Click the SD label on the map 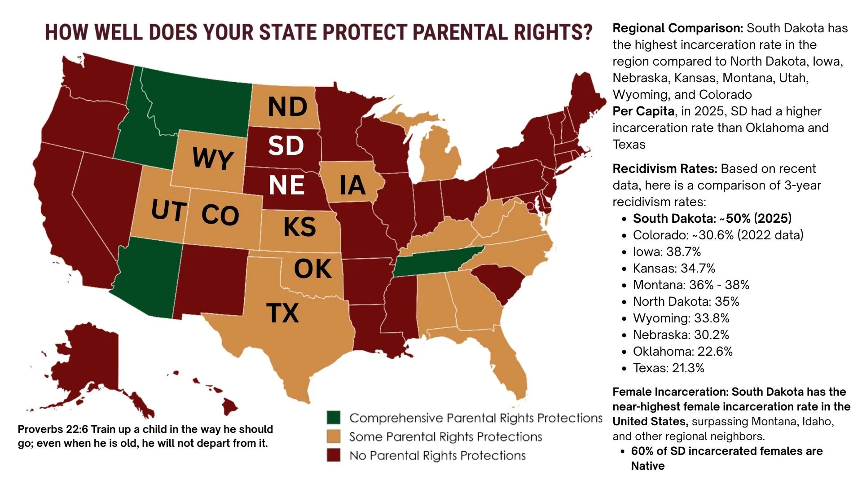[286, 145]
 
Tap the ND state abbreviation [287, 107]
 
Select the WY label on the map [212, 158]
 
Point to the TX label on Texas [282, 313]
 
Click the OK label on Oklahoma [312, 269]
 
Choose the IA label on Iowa [352, 185]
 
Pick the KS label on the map [299, 226]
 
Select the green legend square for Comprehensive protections [334, 418]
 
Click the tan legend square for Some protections [334, 436]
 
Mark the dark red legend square [334, 455]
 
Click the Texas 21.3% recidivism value [688, 368]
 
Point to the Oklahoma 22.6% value [716, 352]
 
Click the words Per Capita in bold [643, 111]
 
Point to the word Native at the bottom [647, 466]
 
